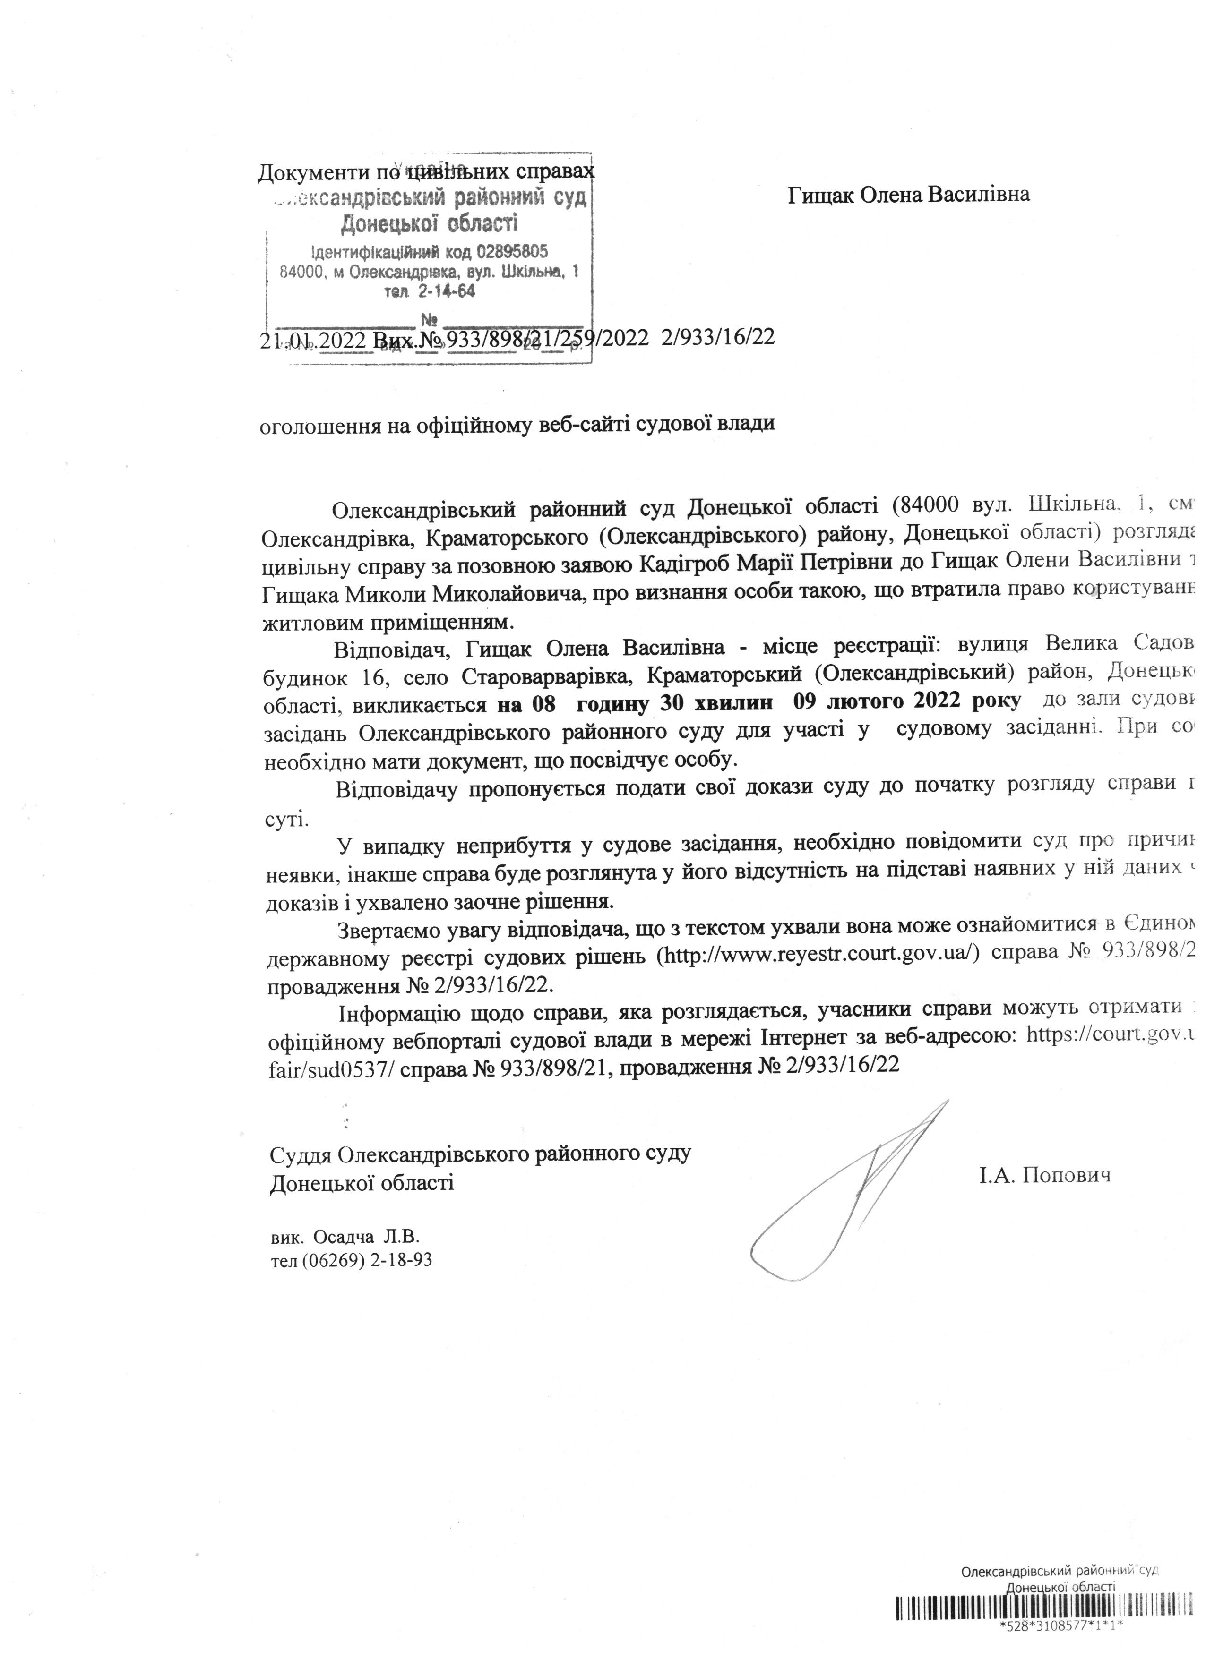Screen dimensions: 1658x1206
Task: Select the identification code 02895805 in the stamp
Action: [x=512, y=253]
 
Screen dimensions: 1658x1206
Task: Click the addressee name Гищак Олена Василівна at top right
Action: [x=909, y=195]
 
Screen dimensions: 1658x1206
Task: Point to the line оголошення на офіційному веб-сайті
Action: [x=517, y=425]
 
